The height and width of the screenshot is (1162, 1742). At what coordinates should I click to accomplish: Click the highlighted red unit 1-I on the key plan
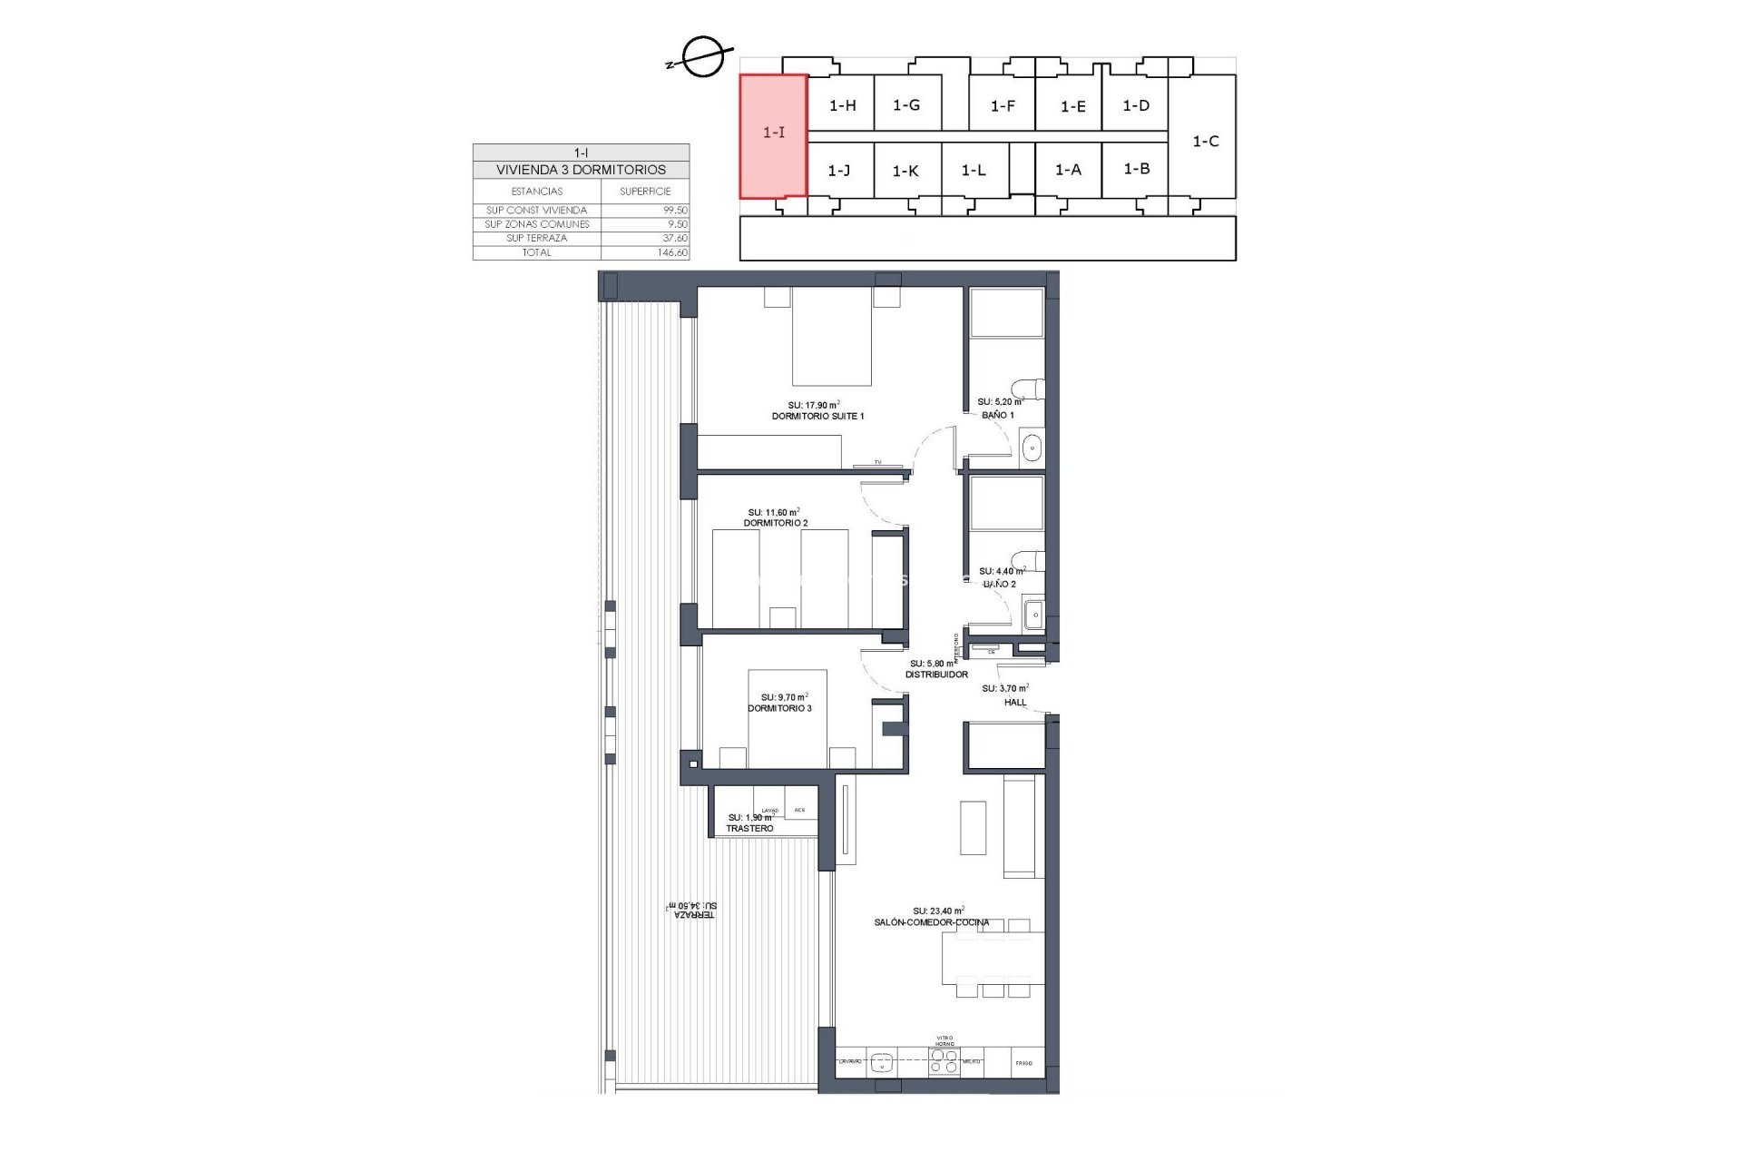773,135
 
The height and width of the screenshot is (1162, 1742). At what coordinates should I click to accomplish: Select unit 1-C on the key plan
1205,142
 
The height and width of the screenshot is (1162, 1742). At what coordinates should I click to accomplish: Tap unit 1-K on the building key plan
905,171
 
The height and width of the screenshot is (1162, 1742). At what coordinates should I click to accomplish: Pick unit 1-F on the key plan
1003,106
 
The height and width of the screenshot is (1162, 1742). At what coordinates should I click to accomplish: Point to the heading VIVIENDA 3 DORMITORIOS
581,170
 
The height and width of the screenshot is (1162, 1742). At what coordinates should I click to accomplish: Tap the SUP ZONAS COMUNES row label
537,224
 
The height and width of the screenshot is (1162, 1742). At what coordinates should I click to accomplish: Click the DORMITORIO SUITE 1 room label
817,416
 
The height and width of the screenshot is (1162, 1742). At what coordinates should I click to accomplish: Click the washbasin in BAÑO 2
1033,615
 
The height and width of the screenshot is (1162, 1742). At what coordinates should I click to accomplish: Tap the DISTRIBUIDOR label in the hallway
936,675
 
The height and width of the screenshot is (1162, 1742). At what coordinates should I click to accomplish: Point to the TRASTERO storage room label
749,829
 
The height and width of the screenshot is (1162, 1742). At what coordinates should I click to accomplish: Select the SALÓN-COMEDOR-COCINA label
932,922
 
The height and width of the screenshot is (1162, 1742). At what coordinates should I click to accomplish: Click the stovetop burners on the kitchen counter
944,1061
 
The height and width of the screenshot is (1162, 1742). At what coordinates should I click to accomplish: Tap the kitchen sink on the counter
881,1061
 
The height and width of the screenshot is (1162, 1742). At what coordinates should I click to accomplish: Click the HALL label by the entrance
1015,702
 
